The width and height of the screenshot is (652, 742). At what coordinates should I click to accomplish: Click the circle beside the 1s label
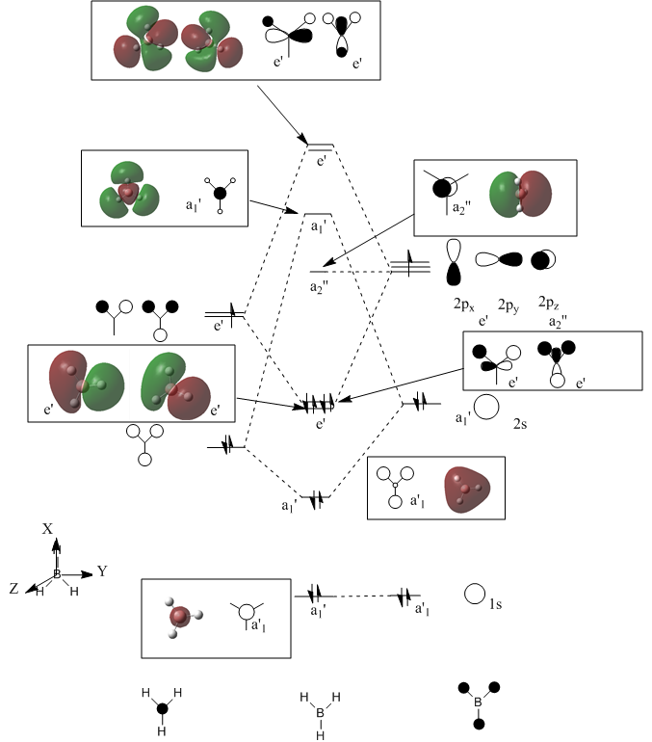[x=474, y=595]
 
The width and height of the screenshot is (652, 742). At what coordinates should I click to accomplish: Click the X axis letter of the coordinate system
[x=46, y=530]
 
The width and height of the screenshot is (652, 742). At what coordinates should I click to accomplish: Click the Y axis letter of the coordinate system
[x=101, y=571]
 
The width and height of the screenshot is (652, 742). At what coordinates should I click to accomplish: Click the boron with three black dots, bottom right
[x=478, y=704]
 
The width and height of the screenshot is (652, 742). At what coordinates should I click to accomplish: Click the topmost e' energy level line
[x=321, y=146]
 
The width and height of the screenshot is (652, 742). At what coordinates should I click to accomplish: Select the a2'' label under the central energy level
[x=321, y=286]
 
